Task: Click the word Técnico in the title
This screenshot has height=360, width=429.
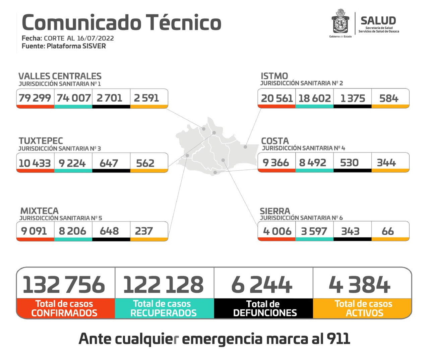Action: point(184,23)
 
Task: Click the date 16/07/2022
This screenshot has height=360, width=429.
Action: point(96,38)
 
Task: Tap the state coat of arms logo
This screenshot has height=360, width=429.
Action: point(341,22)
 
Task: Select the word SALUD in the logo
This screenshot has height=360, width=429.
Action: point(378,20)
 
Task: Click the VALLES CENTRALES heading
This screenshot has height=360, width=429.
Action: point(60,76)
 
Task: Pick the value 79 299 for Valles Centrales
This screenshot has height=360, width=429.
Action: point(35,98)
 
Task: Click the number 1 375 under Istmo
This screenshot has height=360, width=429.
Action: point(353,98)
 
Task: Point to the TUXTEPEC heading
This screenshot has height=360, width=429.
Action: point(41,141)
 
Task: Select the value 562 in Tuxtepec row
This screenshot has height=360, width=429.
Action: point(145,163)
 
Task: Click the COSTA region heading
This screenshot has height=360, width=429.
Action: point(275,141)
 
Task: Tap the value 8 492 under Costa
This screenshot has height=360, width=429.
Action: point(312,163)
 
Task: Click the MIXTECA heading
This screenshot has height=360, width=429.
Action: point(40,211)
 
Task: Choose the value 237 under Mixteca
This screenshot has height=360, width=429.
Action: point(144,231)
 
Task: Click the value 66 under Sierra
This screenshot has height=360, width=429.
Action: point(388,231)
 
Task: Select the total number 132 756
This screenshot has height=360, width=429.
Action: point(64,285)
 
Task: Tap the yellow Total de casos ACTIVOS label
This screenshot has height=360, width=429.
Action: point(363,308)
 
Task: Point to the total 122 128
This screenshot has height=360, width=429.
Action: point(163,285)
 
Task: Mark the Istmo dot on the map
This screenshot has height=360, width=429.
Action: point(245,147)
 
